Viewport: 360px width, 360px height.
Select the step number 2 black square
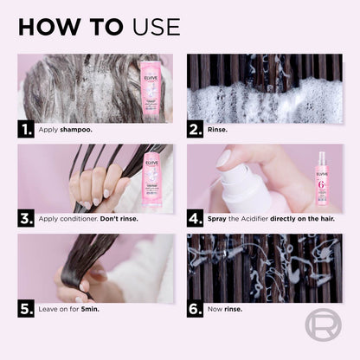tap(197, 129)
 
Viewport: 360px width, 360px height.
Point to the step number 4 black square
tap(197, 218)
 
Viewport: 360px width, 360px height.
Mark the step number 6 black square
tap(197, 308)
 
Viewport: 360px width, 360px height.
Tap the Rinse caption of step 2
tap(220, 130)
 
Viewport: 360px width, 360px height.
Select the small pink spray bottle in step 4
tap(321, 178)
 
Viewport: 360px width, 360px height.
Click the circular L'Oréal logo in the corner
tap(323, 325)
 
